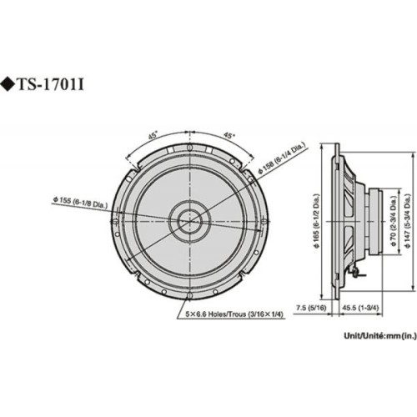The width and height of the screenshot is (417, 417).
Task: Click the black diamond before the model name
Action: coord(10,84)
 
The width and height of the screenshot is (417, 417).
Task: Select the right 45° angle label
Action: coord(228,133)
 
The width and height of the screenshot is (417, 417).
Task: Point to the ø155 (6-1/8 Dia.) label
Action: coord(84,200)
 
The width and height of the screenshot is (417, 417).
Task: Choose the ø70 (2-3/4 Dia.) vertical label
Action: coord(394,220)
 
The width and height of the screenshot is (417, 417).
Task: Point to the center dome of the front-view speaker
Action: coord(188,221)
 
